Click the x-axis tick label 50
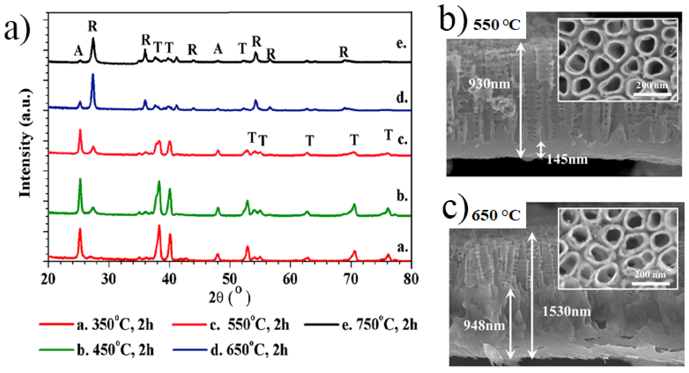(x=230, y=279)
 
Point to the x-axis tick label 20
(x=48, y=279)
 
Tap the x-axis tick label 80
(x=411, y=279)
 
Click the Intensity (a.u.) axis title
(x=25, y=143)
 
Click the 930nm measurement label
(x=489, y=84)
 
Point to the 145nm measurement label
(x=567, y=160)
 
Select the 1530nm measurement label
(x=566, y=311)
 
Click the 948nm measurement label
(x=484, y=325)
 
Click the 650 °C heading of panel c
(x=496, y=215)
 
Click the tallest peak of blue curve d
(x=93, y=75)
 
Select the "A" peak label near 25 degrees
(x=78, y=50)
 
